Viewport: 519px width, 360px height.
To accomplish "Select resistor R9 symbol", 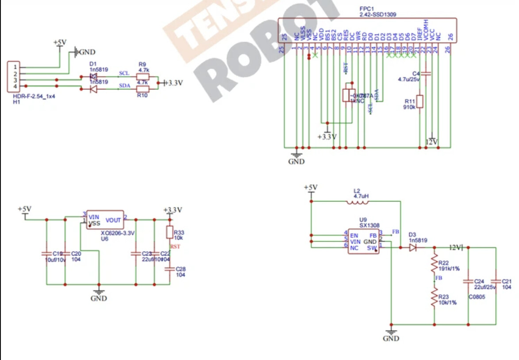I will click(142, 77).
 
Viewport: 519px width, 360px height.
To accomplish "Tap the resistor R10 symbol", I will click(142, 89).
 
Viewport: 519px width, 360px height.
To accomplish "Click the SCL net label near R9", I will click(124, 73).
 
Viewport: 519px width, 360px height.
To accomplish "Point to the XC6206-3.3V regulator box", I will click(105, 220).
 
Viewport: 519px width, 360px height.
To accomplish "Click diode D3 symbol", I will click(413, 248).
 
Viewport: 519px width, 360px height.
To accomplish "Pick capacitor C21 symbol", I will click(496, 281).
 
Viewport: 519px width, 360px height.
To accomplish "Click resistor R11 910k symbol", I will click(420, 101).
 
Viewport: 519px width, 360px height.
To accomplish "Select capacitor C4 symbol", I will click(426, 74).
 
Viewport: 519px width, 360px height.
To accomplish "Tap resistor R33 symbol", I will click(169, 232).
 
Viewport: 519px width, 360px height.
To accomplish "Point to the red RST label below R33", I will click(175, 247).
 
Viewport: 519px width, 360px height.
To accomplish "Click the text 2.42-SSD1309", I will click(378, 15).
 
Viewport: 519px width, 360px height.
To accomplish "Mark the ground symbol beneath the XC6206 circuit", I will click(99, 293).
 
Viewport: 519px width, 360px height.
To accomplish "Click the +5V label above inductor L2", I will click(311, 188).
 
